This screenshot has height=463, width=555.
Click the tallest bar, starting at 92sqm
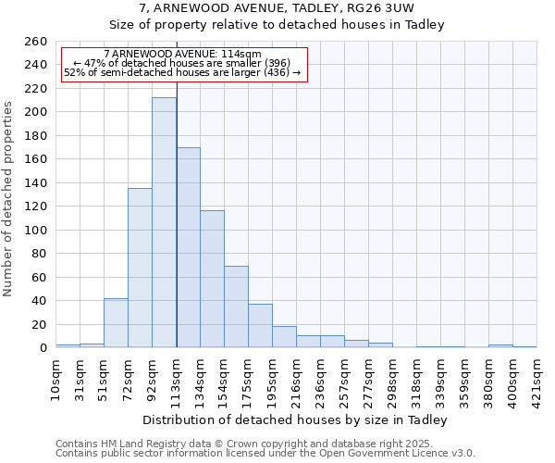tap(164, 222)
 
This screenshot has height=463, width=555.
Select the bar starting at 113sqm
tap(188, 247)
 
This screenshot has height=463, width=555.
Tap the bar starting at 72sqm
tap(140, 268)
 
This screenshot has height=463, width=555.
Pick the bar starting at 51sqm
tap(116, 323)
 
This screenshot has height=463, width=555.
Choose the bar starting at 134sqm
tap(212, 279)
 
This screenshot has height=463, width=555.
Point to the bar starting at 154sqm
tap(236, 307)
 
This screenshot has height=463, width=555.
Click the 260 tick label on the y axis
tap(35, 42)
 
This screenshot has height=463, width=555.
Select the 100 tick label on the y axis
tap(35, 230)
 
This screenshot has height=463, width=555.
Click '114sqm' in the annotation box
tap(243, 55)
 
